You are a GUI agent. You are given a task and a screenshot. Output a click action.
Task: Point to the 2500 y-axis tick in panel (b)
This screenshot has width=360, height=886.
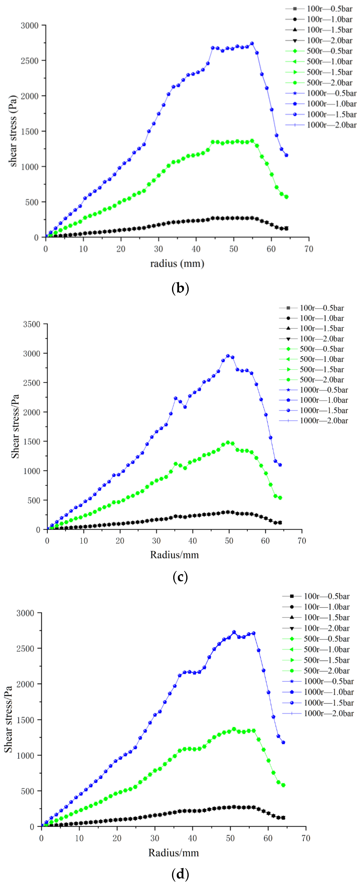click(x=30, y=61)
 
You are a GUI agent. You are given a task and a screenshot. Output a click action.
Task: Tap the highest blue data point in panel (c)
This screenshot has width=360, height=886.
click(x=228, y=356)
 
